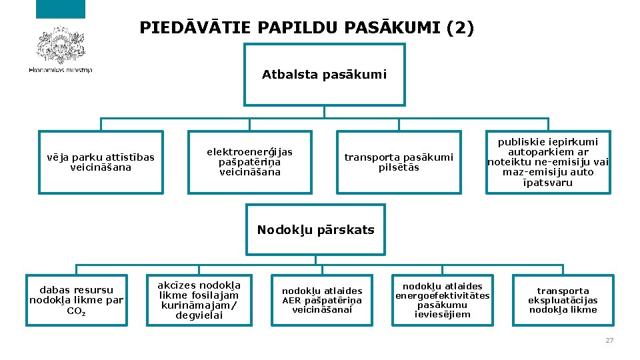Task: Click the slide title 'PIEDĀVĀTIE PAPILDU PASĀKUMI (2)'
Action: [x=307, y=28]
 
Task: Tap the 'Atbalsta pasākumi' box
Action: [x=324, y=75]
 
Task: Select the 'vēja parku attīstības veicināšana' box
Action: [x=101, y=162]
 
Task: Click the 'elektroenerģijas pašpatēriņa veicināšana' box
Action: [x=249, y=162]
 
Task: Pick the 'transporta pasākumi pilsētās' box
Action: [x=399, y=162]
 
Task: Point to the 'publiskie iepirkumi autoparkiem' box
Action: [x=548, y=162]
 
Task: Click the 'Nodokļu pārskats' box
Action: [x=316, y=230]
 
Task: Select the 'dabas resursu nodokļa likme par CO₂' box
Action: [x=77, y=300]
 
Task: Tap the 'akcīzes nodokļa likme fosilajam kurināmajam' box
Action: [x=199, y=300]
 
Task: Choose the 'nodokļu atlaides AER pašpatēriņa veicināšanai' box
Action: [x=322, y=300]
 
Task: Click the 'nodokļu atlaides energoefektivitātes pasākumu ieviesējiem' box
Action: [x=442, y=300]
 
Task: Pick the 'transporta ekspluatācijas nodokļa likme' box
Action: [x=563, y=300]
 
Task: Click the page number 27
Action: [x=609, y=341]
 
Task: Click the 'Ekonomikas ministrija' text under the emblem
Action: [x=61, y=70]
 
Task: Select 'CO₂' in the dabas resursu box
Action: [x=77, y=311]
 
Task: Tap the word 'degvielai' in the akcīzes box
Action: [x=199, y=315]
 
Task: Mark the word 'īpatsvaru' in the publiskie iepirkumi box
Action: [x=548, y=183]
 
